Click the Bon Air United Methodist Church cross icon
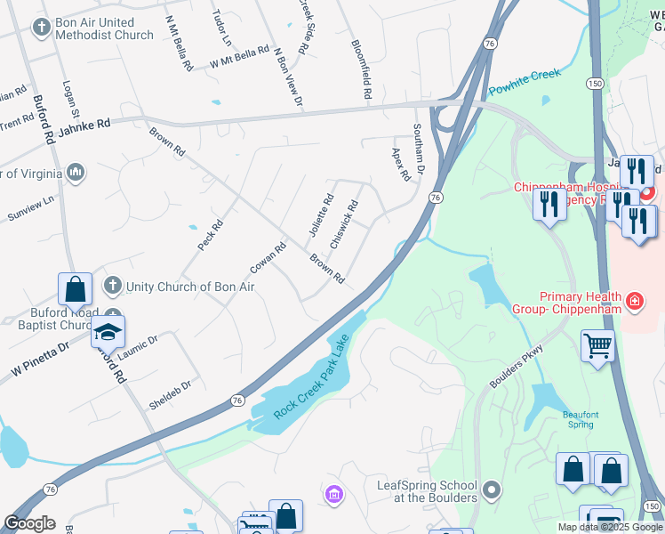coord(41,28)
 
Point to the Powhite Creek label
coord(525,81)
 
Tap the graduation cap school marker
coord(107,332)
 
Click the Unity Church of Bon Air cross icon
coord(112,286)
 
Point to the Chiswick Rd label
coord(344,223)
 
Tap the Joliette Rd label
coord(320,215)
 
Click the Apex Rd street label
coord(400,164)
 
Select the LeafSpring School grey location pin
coord(491,490)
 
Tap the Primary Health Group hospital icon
coord(634,302)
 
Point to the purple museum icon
coord(334,494)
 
